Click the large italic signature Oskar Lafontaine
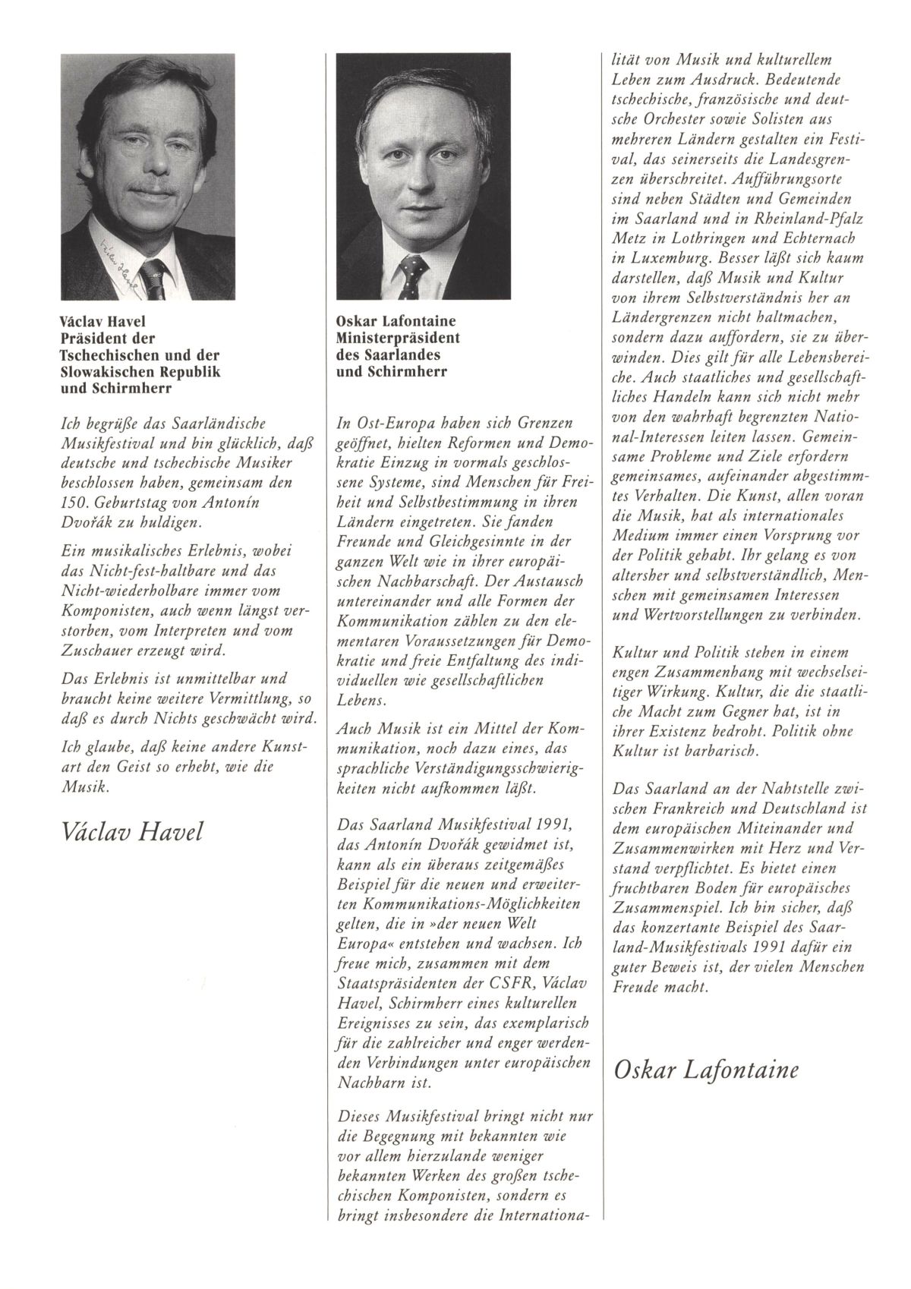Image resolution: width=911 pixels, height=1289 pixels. pos(704,1070)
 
